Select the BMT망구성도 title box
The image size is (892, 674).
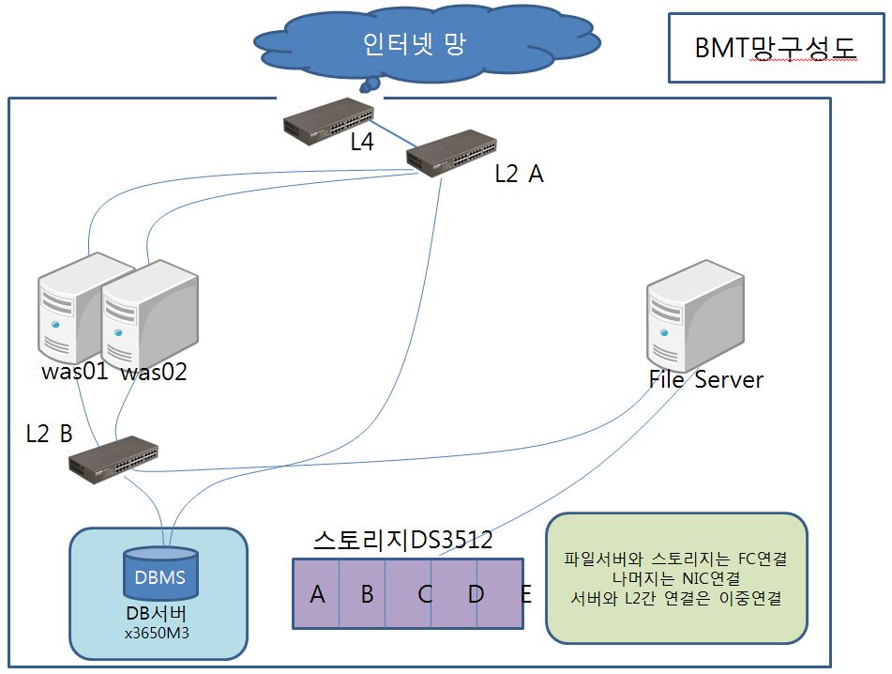pyautogui.click(x=776, y=48)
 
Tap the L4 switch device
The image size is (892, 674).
pyautogui.click(x=328, y=121)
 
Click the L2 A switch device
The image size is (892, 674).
pyautogui.click(x=451, y=153)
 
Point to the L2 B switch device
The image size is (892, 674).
pyautogui.click(x=113, y=459)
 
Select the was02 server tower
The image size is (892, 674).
pyautogui.click(x=150, y=314)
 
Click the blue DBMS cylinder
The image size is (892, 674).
pyautogui.click(x=161, y=573)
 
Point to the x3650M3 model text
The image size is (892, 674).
pyautogui.click(x=157, y=633)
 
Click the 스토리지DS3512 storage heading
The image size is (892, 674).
pyautogui.click(x=402, y=540)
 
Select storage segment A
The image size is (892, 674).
pyautogui.click(x=316, y=593)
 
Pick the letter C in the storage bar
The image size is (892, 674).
pyautogui.click(x=425, y=594)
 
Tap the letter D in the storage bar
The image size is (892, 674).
pyautogui.click(x=476, y=594)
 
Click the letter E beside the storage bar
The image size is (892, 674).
pyautogui.click(x=526, y=594)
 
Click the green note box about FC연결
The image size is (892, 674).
pyautogui.click(x=676, y=578)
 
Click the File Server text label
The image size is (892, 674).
pyautogui.click(x=706, y=379)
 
